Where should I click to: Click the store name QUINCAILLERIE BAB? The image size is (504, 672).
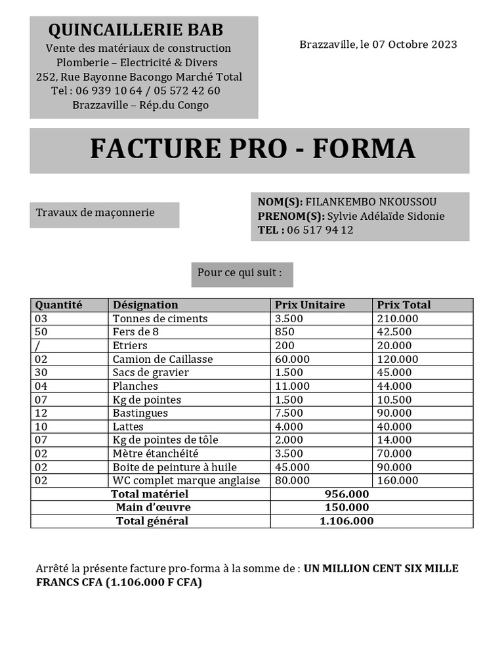coord(136,30)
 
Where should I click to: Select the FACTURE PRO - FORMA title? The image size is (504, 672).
coord(252,149)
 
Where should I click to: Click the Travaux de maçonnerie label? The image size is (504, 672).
coord(95,213)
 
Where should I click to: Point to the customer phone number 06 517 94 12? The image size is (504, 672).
coord(320,230)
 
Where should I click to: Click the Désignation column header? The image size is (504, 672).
coord(146,304)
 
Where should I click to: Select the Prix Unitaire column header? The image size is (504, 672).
coord(310,304)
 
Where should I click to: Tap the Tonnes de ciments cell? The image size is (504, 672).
coord(160,318)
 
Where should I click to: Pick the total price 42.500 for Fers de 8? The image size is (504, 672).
coord(394,332)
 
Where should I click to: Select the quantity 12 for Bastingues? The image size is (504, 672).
coord(41,413)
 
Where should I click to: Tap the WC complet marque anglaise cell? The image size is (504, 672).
coord(186,480)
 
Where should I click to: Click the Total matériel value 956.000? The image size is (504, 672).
coord(346,494)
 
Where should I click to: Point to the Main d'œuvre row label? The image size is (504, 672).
coord(154,507)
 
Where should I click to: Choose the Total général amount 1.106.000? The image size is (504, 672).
coord(346,521)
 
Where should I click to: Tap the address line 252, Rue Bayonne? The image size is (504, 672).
coord(139,77)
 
